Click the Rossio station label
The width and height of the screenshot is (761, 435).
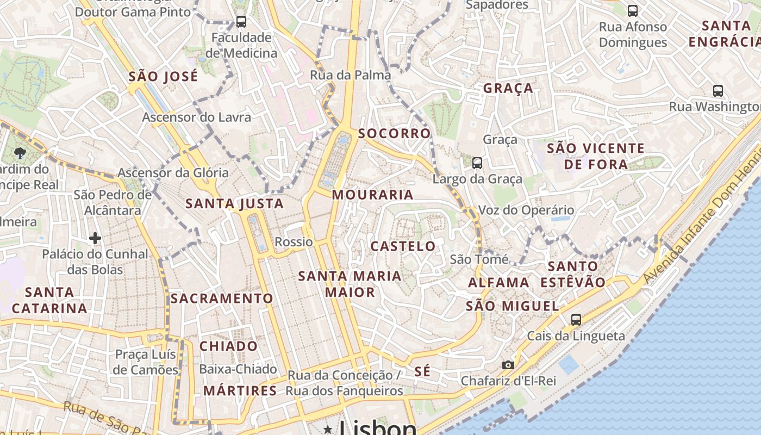[294, 242]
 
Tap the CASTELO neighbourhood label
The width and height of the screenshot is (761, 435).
[403, 246]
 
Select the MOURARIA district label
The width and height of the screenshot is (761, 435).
[372, 195]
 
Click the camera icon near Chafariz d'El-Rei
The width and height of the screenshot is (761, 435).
[508, 365]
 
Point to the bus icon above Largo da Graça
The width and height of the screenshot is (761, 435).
[477, 163]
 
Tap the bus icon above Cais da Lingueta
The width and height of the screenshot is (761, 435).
[576, 320]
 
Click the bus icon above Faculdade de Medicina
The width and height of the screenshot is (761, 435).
[241, 22]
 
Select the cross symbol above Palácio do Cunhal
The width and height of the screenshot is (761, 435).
[95, 238]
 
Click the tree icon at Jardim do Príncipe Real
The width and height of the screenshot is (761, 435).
[21, 153]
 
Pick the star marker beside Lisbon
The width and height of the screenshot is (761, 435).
[328, 430]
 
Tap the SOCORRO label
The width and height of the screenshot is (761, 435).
[394, 133]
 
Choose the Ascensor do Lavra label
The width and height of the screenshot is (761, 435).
[197, 117]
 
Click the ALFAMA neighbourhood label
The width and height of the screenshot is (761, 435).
[498, 282]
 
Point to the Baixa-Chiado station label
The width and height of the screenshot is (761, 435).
[238, 369]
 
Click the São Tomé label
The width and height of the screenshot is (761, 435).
[479, 259]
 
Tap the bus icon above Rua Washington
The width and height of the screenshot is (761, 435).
[718, 91]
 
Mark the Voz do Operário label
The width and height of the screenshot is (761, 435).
[526, 210]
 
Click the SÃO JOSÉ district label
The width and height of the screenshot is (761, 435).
[163, 77]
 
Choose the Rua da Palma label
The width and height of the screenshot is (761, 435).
[350, 75]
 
